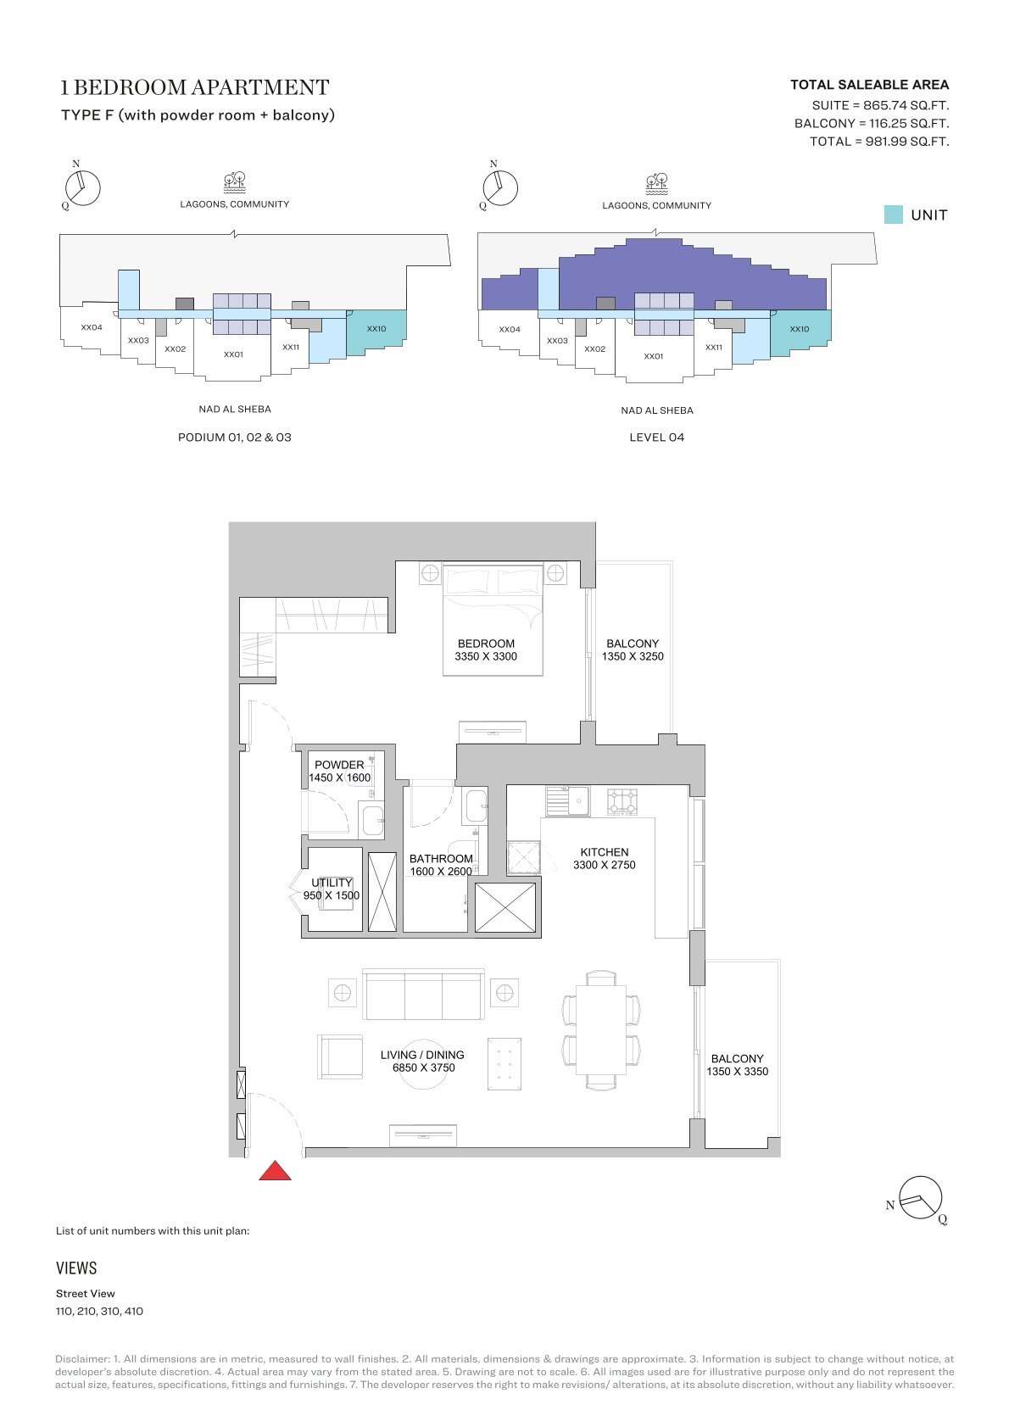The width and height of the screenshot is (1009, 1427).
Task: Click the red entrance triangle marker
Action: [275, 1170]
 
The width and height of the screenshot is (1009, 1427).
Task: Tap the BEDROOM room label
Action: [486, 644]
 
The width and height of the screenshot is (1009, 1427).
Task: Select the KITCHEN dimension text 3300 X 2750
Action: [605, 865]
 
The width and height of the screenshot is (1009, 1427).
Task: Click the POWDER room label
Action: [339, 765]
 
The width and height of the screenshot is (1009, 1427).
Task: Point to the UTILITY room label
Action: [332, 883]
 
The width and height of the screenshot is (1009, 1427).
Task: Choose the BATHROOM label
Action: [441, 858]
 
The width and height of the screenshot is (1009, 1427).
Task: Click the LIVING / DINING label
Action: [422, 1054]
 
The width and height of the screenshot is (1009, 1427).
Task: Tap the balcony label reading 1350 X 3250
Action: [633, 656]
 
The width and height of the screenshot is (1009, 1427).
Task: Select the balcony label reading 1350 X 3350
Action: [737, 1071]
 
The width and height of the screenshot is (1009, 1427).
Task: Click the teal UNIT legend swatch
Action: [893, 215]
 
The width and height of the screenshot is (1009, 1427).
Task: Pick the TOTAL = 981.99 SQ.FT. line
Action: [879, 142]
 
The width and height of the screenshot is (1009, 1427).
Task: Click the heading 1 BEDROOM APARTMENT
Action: [195, 87]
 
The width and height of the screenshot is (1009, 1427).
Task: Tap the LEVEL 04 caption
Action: [657, 437]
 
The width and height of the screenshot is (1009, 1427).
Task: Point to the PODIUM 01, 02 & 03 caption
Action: [234, 437]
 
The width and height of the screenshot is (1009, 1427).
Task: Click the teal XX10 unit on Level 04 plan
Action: [800, 331]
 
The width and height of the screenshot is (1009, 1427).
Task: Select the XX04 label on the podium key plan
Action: [92, 327]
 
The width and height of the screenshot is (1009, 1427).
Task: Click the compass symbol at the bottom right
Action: [921, 1198]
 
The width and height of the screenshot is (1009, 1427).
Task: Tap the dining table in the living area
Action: [601, 1030]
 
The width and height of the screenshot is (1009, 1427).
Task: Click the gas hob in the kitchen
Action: [622, 801]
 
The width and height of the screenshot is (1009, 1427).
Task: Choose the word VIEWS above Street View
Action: [76, 1268]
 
